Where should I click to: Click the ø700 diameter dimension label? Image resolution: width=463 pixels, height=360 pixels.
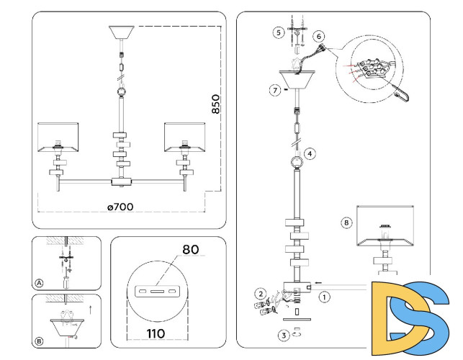pos(120,207)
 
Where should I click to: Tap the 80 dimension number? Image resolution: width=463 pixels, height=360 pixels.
pos(190,251)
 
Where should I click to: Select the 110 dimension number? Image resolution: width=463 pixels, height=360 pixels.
pos(156,333)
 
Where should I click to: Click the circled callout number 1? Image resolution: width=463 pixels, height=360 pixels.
pos(325,295)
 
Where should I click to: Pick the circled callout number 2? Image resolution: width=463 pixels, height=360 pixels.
pos(261,294)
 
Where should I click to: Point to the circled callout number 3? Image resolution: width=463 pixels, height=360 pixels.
pos(284,335)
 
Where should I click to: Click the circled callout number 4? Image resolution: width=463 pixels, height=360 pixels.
pos(310,153)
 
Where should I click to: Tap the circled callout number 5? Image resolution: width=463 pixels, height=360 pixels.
pos(277,32)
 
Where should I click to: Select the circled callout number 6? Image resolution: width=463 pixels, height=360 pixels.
pos(319,36)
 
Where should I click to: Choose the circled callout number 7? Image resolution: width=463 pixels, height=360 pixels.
pos(274,90)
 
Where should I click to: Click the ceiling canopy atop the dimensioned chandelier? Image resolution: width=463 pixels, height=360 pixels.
pos(122,33)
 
